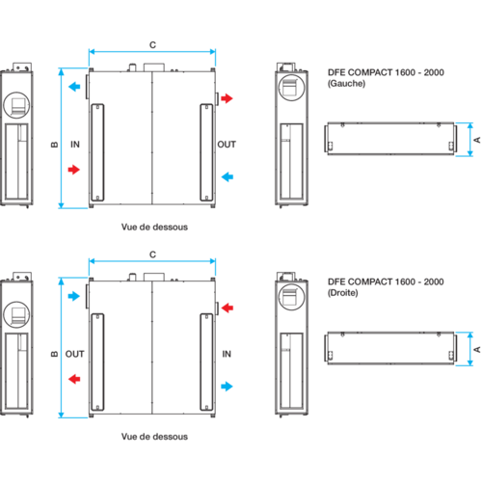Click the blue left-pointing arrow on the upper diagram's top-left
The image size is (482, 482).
click(x=74, y=86)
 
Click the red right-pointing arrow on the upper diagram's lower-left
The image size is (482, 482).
click(x=74, y=170)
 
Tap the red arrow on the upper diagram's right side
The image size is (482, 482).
click(x=228, y=98)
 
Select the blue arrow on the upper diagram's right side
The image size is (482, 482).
click(x=227, y=176)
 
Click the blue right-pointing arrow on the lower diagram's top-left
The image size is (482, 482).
click(x=74, y=297)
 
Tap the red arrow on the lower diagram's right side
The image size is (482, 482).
click(x=228, y=308)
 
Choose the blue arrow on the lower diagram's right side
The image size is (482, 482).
click(x=227, y=386)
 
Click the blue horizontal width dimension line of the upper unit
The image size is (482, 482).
click(x=152, y=51)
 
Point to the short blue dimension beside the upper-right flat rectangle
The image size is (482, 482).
click(x=470, y=139)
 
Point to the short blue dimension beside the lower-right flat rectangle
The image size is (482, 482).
click(x=470, y=348)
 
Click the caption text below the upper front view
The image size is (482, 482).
click(x=153, y=228)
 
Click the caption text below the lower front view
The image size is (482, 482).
click(x=153, y=437)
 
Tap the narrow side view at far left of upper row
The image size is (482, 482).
click(x=17, y=135)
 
